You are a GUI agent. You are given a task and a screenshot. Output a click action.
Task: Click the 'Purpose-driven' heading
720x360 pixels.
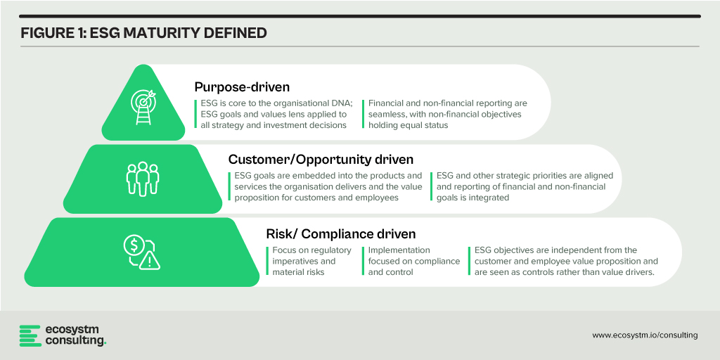[242, 86]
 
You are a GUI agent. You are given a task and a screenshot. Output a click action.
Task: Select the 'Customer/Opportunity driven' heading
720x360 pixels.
[321, 160]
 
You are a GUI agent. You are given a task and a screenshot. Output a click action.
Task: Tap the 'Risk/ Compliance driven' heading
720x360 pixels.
[341, 233]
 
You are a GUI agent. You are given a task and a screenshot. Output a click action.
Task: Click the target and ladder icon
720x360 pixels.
[143, 107]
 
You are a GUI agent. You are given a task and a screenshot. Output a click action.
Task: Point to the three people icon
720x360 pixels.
[142, 179]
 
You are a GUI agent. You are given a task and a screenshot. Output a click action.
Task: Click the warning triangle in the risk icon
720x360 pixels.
[150, 261]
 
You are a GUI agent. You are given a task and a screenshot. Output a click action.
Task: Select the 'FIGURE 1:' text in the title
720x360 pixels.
[51, 34]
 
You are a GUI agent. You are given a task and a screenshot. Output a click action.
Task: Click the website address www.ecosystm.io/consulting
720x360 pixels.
[645, 335]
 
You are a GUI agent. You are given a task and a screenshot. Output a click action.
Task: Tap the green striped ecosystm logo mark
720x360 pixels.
[30, 335]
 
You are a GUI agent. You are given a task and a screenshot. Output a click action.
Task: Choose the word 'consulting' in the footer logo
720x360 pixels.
[75, 341]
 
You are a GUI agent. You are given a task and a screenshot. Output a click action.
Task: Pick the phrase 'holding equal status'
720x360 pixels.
[409, 125]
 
